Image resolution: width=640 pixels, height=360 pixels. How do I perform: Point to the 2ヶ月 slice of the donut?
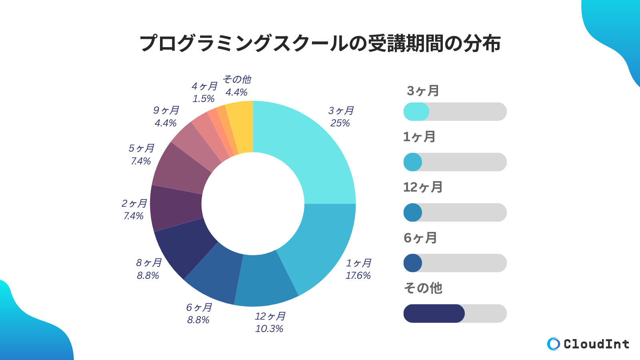[176, 208]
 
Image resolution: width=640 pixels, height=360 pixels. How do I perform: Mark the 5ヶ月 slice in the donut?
[182, 168]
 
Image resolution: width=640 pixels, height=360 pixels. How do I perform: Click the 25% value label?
[340, 123]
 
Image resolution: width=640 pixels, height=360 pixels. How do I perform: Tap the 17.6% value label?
[358, 276]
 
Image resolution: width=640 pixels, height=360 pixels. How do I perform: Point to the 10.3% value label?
[269, 329]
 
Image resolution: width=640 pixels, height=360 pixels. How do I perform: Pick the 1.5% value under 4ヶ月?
[203, 99]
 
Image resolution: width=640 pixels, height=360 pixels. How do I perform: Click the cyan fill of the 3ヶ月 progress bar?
[416, 112]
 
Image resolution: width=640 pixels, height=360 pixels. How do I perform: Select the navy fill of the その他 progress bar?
[434, 314]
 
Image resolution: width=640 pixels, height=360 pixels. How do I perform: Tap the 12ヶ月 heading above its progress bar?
[423, 187]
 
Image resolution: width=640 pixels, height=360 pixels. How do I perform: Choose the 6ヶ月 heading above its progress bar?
[420, 238]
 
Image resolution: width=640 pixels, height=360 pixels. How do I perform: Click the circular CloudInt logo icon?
[554, 344]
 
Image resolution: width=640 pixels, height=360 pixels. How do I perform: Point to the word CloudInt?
[596, 344]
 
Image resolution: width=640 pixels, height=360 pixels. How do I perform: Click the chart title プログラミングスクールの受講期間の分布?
[320, 43]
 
